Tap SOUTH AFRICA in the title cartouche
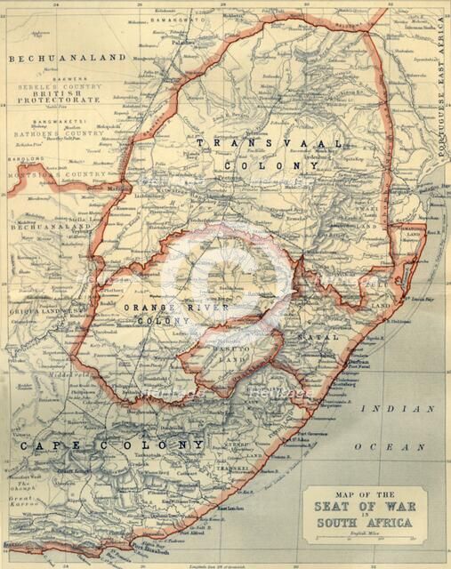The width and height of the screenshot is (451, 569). click(365, 523)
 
